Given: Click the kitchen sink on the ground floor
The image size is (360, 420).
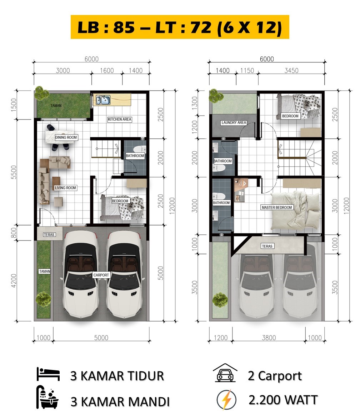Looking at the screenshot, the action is click(x=103, y=100).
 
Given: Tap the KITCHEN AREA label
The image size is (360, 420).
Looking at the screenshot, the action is click(x=119, y=119).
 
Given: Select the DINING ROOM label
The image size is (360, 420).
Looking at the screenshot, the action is click(x=66, y=137).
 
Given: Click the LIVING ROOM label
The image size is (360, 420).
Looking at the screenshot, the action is click(x=65, y=188).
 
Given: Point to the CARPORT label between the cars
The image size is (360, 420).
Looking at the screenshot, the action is click(x=101, y=275).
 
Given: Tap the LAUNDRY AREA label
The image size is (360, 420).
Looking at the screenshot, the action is click(x=234, y=123).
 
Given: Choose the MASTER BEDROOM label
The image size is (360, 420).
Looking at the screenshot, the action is click(x=277, y=207).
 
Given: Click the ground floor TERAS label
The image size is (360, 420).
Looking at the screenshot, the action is click(x=49, y=235).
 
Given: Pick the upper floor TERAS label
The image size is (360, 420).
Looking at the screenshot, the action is click(x=267, y=246).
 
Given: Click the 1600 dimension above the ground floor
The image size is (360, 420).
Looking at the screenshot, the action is click(x=107, y=70).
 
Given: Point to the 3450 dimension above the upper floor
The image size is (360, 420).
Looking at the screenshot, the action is click(x=291, y=70).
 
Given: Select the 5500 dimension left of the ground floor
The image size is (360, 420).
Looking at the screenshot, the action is click(x=14, y=172).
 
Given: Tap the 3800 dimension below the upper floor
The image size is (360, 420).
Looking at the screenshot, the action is click(x=269, y=338).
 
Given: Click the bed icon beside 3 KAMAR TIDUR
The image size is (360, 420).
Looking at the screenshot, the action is click(x=48, y=374).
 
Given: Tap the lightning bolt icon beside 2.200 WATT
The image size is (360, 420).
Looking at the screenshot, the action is click(x=227, y=400).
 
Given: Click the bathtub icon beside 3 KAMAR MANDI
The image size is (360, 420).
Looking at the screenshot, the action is click(x=47, y=397).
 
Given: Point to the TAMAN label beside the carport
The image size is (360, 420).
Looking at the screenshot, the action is click(x=45, y=271).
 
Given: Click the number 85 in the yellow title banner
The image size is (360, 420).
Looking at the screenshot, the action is click(x=124, y=27).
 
